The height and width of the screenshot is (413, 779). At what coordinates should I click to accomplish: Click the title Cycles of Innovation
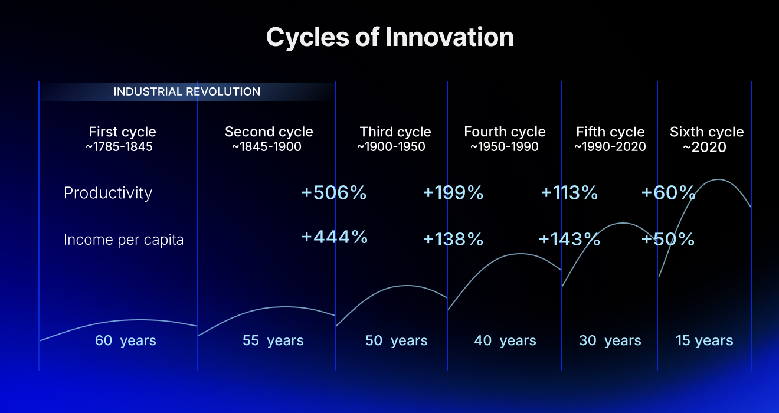(x=390, y=37)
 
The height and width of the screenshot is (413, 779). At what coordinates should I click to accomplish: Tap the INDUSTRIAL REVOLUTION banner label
(x=186, y=92)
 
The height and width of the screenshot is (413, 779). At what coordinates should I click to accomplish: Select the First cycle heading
(x=122, y=132)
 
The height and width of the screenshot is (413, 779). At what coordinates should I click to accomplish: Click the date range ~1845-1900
(x=267, y=147)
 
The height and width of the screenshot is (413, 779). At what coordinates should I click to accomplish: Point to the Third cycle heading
(x=395, y=132)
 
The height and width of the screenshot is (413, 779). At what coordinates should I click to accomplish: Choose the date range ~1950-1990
(x=505, y=147)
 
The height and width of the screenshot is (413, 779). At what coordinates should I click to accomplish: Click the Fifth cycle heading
(x=610, y=132)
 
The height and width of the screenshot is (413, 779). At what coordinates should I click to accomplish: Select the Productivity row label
(x=108, y=193)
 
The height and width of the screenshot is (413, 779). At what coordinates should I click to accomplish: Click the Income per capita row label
(x=123, y=240)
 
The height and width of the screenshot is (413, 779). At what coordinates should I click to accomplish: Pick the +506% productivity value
(x=334, y=193)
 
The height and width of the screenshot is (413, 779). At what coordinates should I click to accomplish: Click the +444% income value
(x=334, y=237)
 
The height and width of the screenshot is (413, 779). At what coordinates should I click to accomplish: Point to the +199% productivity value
(x=453, y=193)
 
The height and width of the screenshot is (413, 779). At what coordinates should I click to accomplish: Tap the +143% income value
(x=569, y=239)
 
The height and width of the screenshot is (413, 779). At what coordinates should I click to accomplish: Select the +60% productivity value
(x=668, y=193)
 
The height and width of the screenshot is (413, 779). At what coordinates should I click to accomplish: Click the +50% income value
(x=667, y=239)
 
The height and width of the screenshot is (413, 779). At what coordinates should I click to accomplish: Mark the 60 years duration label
(x=126, y=340)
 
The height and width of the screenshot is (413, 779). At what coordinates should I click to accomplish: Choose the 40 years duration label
(x=505, y=340)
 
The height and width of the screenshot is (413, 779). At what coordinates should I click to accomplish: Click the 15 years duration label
(x=704, y=340)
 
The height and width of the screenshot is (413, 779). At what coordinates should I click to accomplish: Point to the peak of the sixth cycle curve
(x=719, y=179)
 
